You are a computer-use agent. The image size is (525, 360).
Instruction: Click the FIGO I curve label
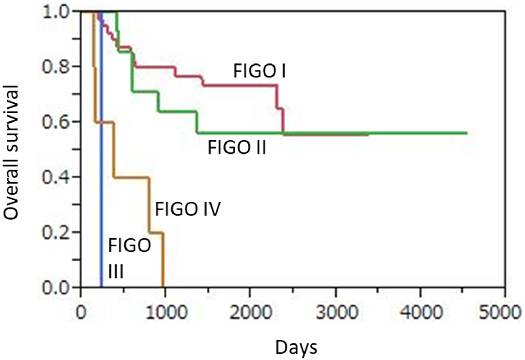(259, 71)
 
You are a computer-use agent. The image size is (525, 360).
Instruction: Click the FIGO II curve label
(237, 148)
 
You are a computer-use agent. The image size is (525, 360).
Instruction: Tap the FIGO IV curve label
(188, 209)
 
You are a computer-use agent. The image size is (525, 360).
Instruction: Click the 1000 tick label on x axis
(166, 313)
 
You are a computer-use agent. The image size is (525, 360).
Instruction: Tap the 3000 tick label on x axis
(337, 313)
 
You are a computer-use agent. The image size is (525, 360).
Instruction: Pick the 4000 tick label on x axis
(422, 313)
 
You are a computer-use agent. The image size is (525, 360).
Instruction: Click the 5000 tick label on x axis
(500, 313)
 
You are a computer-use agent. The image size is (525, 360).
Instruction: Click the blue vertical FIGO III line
(101, 184)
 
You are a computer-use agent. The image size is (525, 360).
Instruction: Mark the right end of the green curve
(467, 133)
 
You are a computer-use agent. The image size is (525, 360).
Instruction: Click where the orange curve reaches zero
(163, 287)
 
